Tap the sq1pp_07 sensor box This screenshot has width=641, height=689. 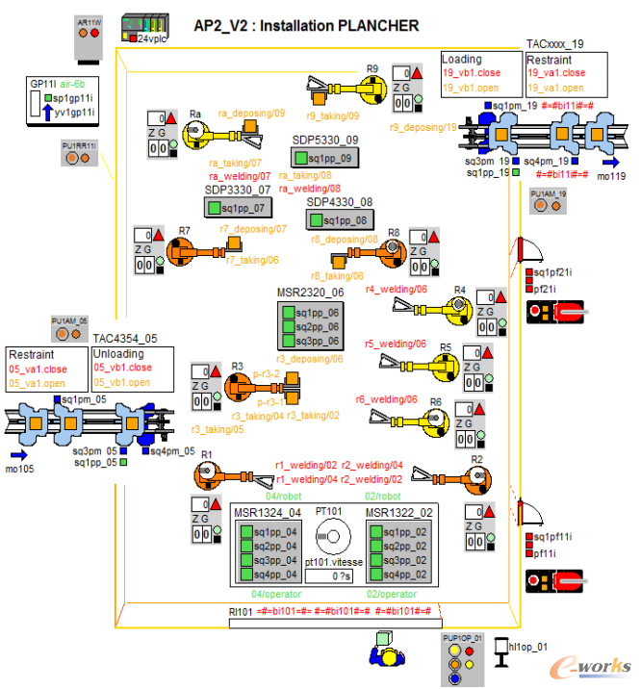[x=240, y=207]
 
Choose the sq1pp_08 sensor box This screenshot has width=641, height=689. [x=340, y=220]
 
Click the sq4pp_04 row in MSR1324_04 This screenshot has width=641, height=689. [x=267, y=574]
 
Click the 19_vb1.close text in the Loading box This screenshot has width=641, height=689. [x=474, y=73]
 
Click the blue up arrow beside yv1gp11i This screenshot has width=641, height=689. [x=46, y=112]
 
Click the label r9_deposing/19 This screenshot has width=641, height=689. [x=423, y=126]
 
